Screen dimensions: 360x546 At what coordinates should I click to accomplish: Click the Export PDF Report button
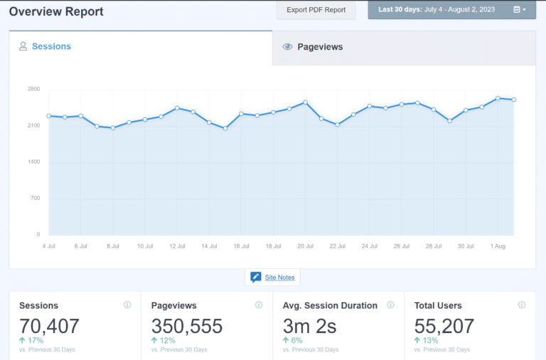click(x=316, y=10)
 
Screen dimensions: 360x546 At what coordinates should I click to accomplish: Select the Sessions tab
click(x=45, y=46)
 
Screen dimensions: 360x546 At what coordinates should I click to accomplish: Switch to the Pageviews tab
click(x=319, y=47)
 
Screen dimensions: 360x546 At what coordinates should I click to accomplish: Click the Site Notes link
click(x=279, y=277)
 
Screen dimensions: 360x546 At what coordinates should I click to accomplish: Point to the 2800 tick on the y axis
click(x=33, y=89)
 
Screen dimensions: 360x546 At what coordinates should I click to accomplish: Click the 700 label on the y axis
click(x=33, y=198)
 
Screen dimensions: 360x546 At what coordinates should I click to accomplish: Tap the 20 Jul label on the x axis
click(x=305, y=246)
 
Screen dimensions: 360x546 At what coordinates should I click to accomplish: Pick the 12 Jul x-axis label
click(x=177, y=246)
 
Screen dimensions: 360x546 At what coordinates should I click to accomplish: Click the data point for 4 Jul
click(x=48, y=115)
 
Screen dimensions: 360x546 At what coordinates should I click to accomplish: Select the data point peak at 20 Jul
click(x=305, y=102)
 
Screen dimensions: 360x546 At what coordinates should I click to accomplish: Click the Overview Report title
click(x=56, y=11)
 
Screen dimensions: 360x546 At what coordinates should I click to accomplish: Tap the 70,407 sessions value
click(x=49, y=327)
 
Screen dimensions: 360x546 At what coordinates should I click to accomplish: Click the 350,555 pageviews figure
click(x=187, y=327)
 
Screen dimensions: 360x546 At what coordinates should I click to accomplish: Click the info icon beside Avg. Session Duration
click(x=390, y=305)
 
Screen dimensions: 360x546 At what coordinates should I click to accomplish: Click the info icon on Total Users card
click(x=522, y=305)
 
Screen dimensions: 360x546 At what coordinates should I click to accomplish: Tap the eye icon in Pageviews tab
click(x=287, y=47)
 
